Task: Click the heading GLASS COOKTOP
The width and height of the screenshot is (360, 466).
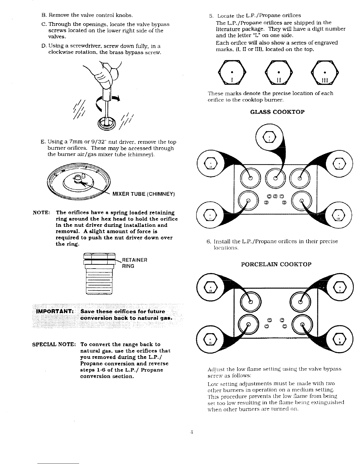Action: (x=277, y=112)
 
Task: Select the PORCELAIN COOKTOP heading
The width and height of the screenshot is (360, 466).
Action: (x=276, y=264)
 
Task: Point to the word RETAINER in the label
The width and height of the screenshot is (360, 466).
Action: (x=134, y=260)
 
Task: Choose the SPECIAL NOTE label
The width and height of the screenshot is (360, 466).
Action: (x=55, y=344)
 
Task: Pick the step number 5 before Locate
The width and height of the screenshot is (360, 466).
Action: (x=211, y=16)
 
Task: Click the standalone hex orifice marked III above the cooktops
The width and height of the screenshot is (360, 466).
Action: (x=325, y=72)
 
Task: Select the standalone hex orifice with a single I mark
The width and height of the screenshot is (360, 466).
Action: (x=231, y=72)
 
